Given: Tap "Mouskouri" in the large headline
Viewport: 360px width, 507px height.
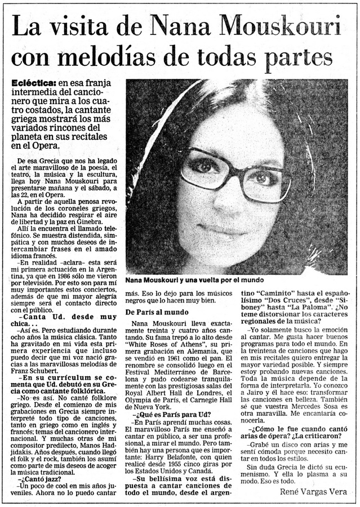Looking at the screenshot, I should (280, 26).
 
